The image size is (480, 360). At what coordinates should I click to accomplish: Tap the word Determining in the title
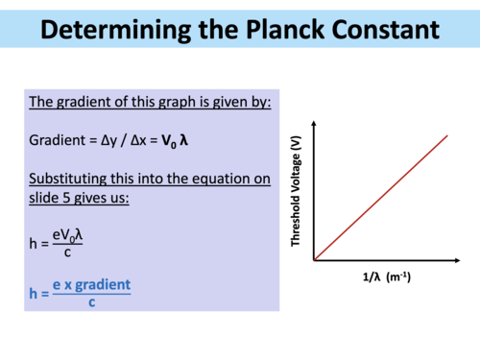tap(106, 28)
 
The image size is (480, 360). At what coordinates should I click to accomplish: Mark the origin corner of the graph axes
tap(315, 259)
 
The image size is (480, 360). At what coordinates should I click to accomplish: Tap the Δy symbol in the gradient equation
tap(109, 139)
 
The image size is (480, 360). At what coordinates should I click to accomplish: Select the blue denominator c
tap(91, 301)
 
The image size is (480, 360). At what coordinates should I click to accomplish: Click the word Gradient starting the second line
tap(58, 139)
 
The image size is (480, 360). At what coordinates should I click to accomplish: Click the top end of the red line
tap(448, 135)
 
